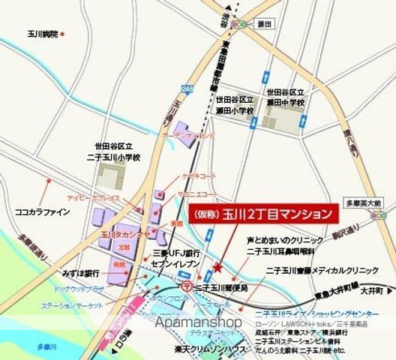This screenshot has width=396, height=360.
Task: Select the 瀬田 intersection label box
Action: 264,24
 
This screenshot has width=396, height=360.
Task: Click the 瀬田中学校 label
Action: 286,96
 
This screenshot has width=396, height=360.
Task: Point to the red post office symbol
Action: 186,286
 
